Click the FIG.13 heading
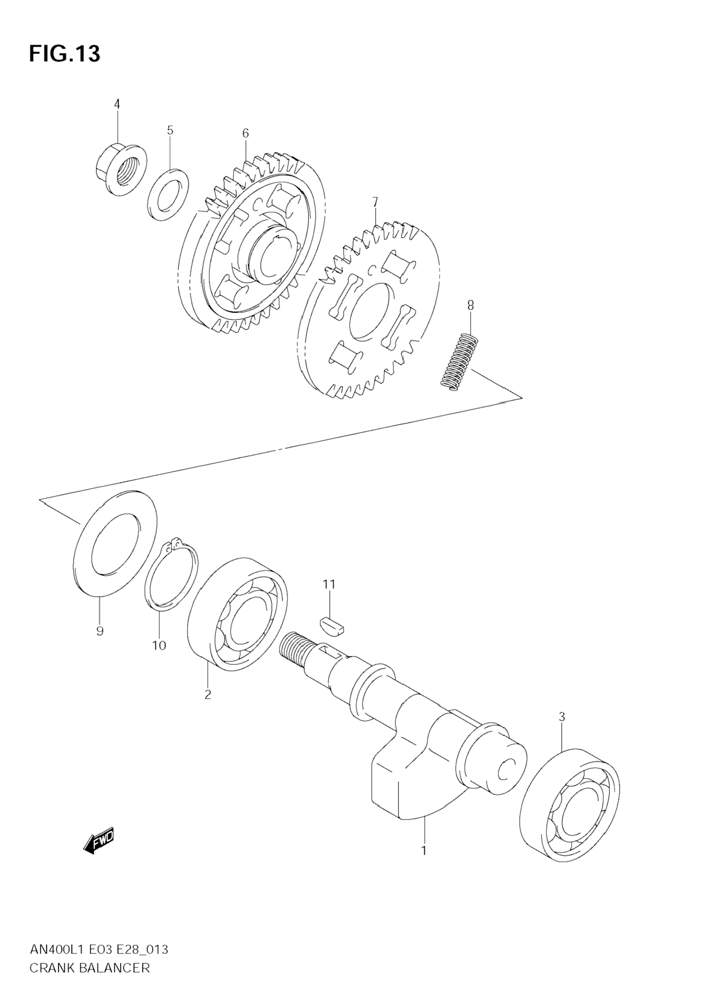click(x=64, y=54)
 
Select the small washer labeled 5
click(x=168, y=194)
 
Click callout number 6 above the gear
click(x=245, y=134)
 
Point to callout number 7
click(x=375, y=202)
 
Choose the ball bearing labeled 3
click(x=570, y=805)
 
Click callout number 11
click(x=329, y=584)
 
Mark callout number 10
click(x=159, y=645)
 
